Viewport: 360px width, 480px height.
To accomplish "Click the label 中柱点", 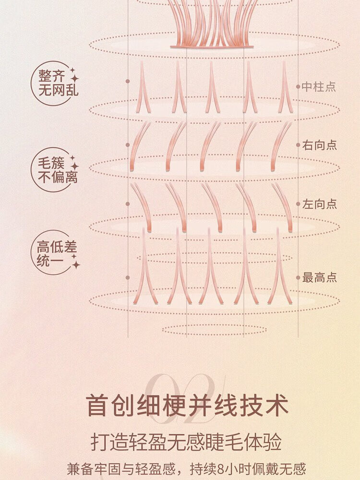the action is click(319, 87).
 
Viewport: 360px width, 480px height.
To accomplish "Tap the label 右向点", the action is click(319, 145).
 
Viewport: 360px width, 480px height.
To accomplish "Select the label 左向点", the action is click(319, 204).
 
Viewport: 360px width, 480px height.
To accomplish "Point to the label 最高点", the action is click(319, 277).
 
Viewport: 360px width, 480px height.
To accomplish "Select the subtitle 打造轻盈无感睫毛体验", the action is click(186, 443).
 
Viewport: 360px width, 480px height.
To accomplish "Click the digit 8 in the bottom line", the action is click(220, 469).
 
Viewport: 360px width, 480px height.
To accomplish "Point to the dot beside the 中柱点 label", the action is click(298, 86).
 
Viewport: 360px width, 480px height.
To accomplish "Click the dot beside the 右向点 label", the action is click(298, 145).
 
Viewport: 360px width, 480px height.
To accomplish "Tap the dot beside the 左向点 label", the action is click(298, 204).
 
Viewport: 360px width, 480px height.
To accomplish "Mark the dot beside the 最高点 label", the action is click(298, 277).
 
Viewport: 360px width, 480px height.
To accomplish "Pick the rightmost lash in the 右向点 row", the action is click(280, 145).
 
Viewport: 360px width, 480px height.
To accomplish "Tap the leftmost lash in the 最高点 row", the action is click(144, 266).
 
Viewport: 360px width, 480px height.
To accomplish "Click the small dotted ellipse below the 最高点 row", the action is click(214, 330).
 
